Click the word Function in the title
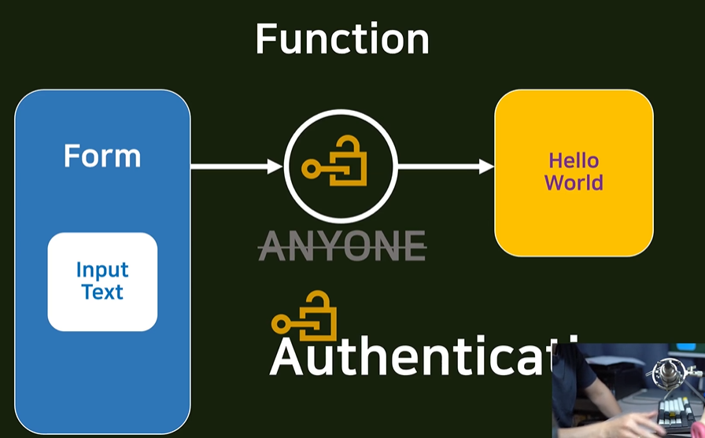click(x=342, y=39)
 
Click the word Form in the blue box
click(x=102, y=156)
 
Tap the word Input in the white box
click(x=102, y=271)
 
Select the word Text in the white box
click(x=102, y=293)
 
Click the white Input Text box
click(x=102, y=282)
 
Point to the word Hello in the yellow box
click(x=574, y=161)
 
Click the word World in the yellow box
click(x=574, y=183)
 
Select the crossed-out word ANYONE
click(x=342, y=245)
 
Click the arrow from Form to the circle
click(x=236, y=167)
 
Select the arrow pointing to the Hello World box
click(x=445, y=167)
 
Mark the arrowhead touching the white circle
click(x=275, y=167)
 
